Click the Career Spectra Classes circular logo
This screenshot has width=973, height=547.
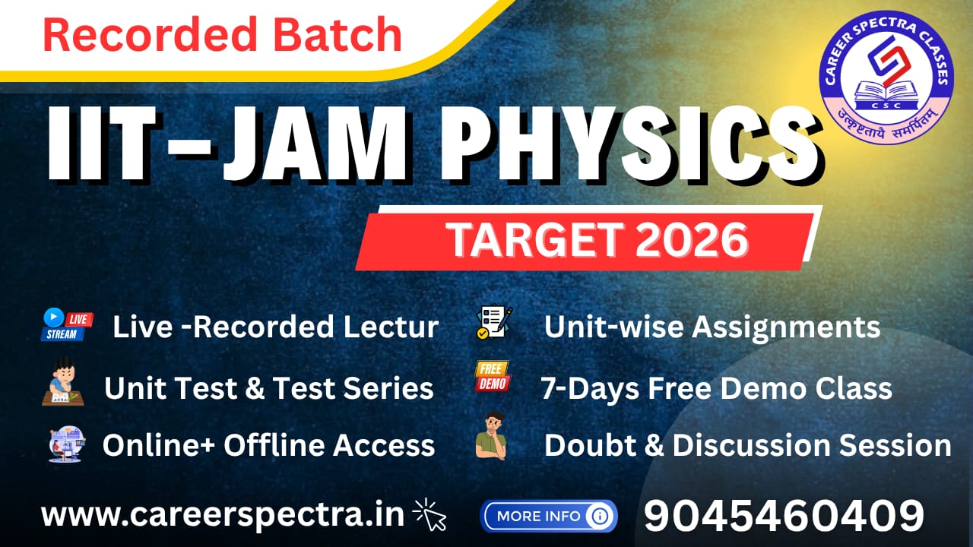pyautogui.click(x=886, y=74)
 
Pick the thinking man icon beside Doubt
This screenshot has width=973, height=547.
pyautogui.click(x=492, y=436)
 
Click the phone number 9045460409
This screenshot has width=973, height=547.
pyautogui.click(x=784, y=516)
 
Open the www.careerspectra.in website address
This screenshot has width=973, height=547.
pyautogui.click(x=222, y=515)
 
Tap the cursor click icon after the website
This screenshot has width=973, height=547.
pyautogui.click(x=430, y=515)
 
